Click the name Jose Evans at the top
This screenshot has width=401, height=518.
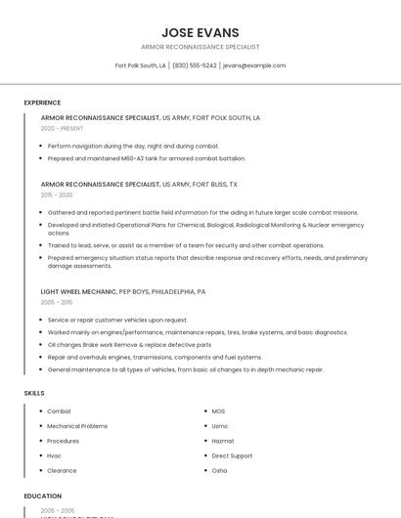(200, 32)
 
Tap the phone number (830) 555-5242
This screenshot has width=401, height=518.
(194, 65)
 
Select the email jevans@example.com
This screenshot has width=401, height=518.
(254, 65)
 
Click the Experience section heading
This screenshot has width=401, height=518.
(42, 103)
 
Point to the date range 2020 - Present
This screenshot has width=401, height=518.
(62, 128)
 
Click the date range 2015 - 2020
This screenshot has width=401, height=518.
(57, 194)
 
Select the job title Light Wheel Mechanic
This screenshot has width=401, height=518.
(78, 291)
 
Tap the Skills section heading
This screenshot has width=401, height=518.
(34, 393)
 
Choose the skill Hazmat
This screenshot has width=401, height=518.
(223, 441)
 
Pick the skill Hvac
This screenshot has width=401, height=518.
(54, 455)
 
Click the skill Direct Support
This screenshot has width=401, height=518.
(232, 455)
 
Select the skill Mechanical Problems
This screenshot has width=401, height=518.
(77, 426)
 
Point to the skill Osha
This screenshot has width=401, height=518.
(219, 470)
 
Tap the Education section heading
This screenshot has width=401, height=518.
(43, 496)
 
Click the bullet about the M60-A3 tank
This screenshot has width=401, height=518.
(147, 158)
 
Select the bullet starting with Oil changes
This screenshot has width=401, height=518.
(129, 345)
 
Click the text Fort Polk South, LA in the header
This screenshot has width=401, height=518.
(140, 65)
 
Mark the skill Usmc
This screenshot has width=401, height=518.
(220, 426)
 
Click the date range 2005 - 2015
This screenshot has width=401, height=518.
(57, 302)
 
